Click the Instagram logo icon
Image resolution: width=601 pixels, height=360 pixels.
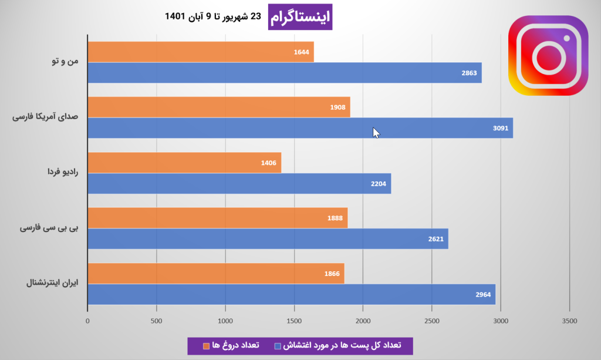pos(548,55)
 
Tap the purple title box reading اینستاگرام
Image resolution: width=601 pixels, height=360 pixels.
pos(300,17)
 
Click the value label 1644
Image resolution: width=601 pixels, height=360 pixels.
pos(301,52)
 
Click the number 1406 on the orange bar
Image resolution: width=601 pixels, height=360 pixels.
pos(269,163)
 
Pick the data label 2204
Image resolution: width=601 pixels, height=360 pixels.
pos(379,184)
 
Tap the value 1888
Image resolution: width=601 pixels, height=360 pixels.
pos(335,218)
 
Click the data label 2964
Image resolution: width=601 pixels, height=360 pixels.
pos(483,294)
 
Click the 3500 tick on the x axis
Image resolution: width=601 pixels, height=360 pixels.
pos(569,321)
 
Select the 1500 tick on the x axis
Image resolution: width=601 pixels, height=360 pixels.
pos(294,321)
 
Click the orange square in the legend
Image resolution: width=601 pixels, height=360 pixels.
pos(206,345)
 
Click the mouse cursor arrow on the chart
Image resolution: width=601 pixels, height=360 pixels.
pos(376,133)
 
